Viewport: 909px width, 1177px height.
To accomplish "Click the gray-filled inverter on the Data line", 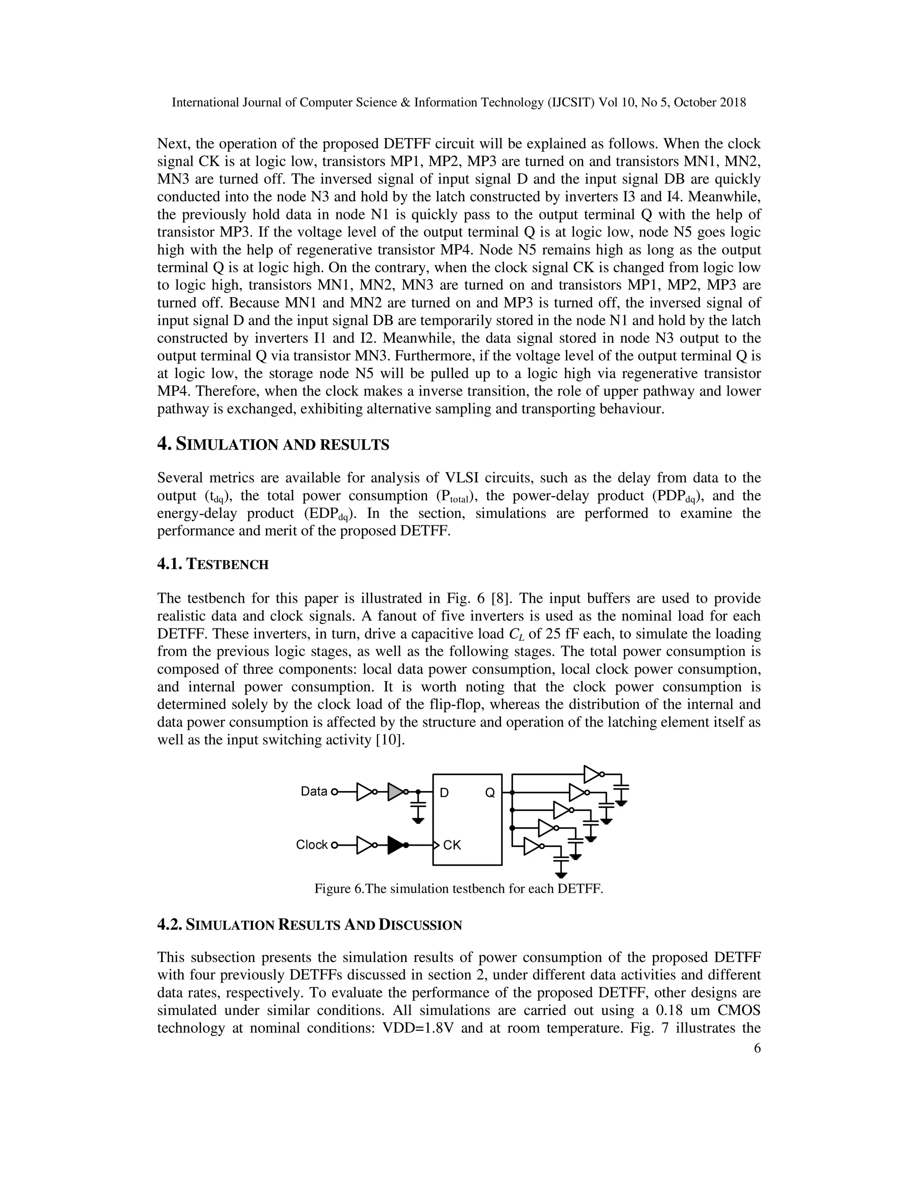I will pos(396,791).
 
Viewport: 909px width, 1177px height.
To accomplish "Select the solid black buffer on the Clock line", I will pos(396,845).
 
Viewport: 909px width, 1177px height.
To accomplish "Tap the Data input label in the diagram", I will pos(314,791).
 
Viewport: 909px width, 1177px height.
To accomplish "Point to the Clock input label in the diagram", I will pos(312,844).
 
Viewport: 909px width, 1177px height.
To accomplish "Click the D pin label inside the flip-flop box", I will pos(444,793).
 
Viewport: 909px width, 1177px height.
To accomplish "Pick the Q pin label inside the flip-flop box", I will pos(490,793).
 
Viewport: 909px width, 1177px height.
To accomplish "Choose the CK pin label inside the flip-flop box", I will pos(452,845).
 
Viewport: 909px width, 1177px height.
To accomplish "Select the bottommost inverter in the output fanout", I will pos(532,846).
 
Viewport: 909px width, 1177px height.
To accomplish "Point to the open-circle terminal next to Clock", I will pos(334,845).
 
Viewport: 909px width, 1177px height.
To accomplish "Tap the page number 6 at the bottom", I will pos(757,1048).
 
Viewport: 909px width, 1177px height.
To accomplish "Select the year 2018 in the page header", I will pos(733,103).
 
